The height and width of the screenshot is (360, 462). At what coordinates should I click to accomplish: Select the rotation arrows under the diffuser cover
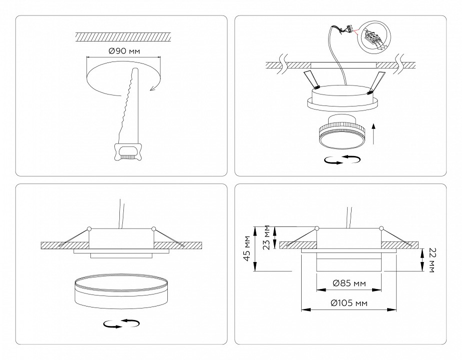tap(121, 323)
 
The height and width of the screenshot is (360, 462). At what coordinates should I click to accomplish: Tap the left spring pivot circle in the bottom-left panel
tap(88, 229)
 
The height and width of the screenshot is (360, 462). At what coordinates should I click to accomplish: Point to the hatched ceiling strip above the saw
tap(123, 37)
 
